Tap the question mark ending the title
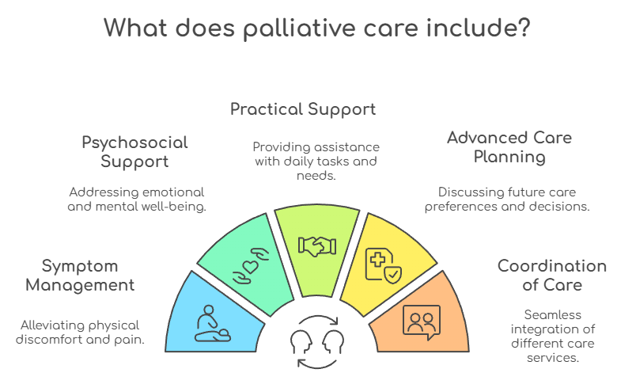(523, 29)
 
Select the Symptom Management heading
(80, 275)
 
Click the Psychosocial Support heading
(135, 152)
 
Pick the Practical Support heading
(303, 108)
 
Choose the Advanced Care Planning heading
(509, 146)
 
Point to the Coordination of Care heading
(552, 275)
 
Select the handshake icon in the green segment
(316, 245)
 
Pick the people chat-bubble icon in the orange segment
(422, 321)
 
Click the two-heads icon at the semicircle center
(316, 343)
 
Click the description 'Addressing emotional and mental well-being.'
(137, 200)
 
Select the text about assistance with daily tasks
(316, 162)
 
